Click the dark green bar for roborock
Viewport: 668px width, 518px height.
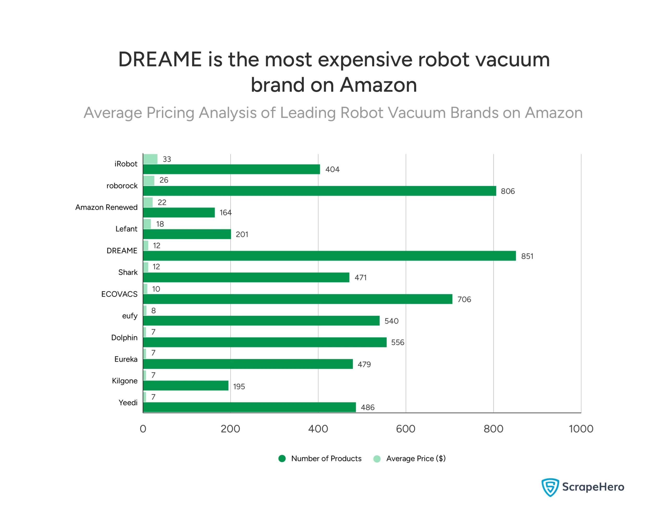click(x=319, y=191)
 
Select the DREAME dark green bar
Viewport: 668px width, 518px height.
click(x=329, y=256)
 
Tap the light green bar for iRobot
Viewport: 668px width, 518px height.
click(x=150, y=159)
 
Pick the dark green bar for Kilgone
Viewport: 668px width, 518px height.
click(x=186, y=385)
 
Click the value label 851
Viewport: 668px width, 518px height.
click(x=527, y=256)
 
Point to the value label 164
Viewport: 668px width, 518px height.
click(x=225, y=213)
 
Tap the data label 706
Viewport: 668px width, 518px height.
click(x=464, y=299)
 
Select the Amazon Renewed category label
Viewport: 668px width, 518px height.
click(x=106, y=207)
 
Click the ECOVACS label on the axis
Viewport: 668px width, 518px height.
click(x=119, y=294)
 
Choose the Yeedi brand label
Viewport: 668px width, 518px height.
click(x=128, y=403)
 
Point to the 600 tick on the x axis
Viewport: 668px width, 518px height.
click(x=405, y=429)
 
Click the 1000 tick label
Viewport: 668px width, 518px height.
click(x=581, y=429)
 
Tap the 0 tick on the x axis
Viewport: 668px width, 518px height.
click(x=143, y=429)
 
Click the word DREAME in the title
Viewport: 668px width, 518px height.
click(x=160, y=59)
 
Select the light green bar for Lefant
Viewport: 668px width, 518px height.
click(x=147, y=224)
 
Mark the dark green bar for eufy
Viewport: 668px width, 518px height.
click(x=261, y=321)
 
